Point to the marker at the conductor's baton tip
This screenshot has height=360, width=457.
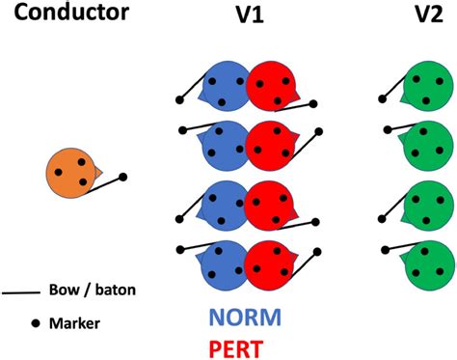(122, 177)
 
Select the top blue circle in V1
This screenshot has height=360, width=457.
(224, 88)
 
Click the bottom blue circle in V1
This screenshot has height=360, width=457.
(224, 262)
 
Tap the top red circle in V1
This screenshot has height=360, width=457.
(271, 88)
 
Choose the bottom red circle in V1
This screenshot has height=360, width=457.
(271, 262)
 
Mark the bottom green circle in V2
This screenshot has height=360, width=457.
(426, 263)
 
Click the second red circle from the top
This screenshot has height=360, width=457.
(271, 146)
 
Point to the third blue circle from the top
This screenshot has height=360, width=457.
(224, 205)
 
